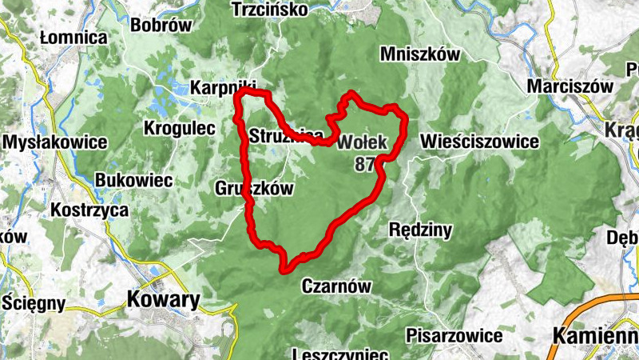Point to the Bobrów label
[162, 25]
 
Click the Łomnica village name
[73, 38]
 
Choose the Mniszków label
[421, 54]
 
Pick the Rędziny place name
[420, 230]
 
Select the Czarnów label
[338, 286]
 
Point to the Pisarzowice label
[454, 335]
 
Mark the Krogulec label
[180, 128]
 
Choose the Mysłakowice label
[55, 142]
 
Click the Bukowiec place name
[133, 181]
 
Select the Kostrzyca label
[89, 210]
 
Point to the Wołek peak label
[362, 143]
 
